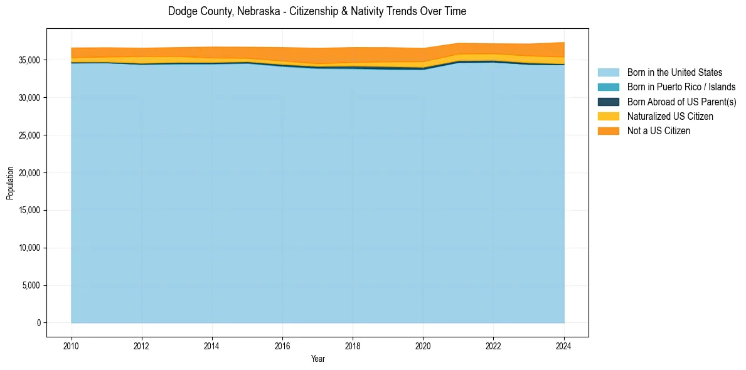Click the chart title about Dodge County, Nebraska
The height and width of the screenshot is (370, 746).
[317, 11]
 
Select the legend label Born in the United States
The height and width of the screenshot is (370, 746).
[674, 73]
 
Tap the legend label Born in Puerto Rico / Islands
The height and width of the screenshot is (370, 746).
[681, 87]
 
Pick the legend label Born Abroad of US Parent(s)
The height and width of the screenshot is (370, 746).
[681, 102]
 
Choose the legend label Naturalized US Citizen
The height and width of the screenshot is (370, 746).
[670, 117]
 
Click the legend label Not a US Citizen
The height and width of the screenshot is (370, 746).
[659, 131]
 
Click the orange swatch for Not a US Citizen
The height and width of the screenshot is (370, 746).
[608, 131]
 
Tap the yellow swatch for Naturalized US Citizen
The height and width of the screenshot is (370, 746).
[608, 117]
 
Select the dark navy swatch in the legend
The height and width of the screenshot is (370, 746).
[608, 102]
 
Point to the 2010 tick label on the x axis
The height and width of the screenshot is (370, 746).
[72, 345]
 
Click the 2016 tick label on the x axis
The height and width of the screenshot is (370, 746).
[282, 345]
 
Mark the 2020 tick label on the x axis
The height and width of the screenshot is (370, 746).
[424, 345]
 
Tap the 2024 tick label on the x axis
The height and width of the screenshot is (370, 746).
[564, 345]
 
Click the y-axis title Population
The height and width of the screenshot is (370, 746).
[10, 183]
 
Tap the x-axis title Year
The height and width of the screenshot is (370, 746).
[318, 359]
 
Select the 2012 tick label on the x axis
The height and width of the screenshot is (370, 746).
[142, 345]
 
